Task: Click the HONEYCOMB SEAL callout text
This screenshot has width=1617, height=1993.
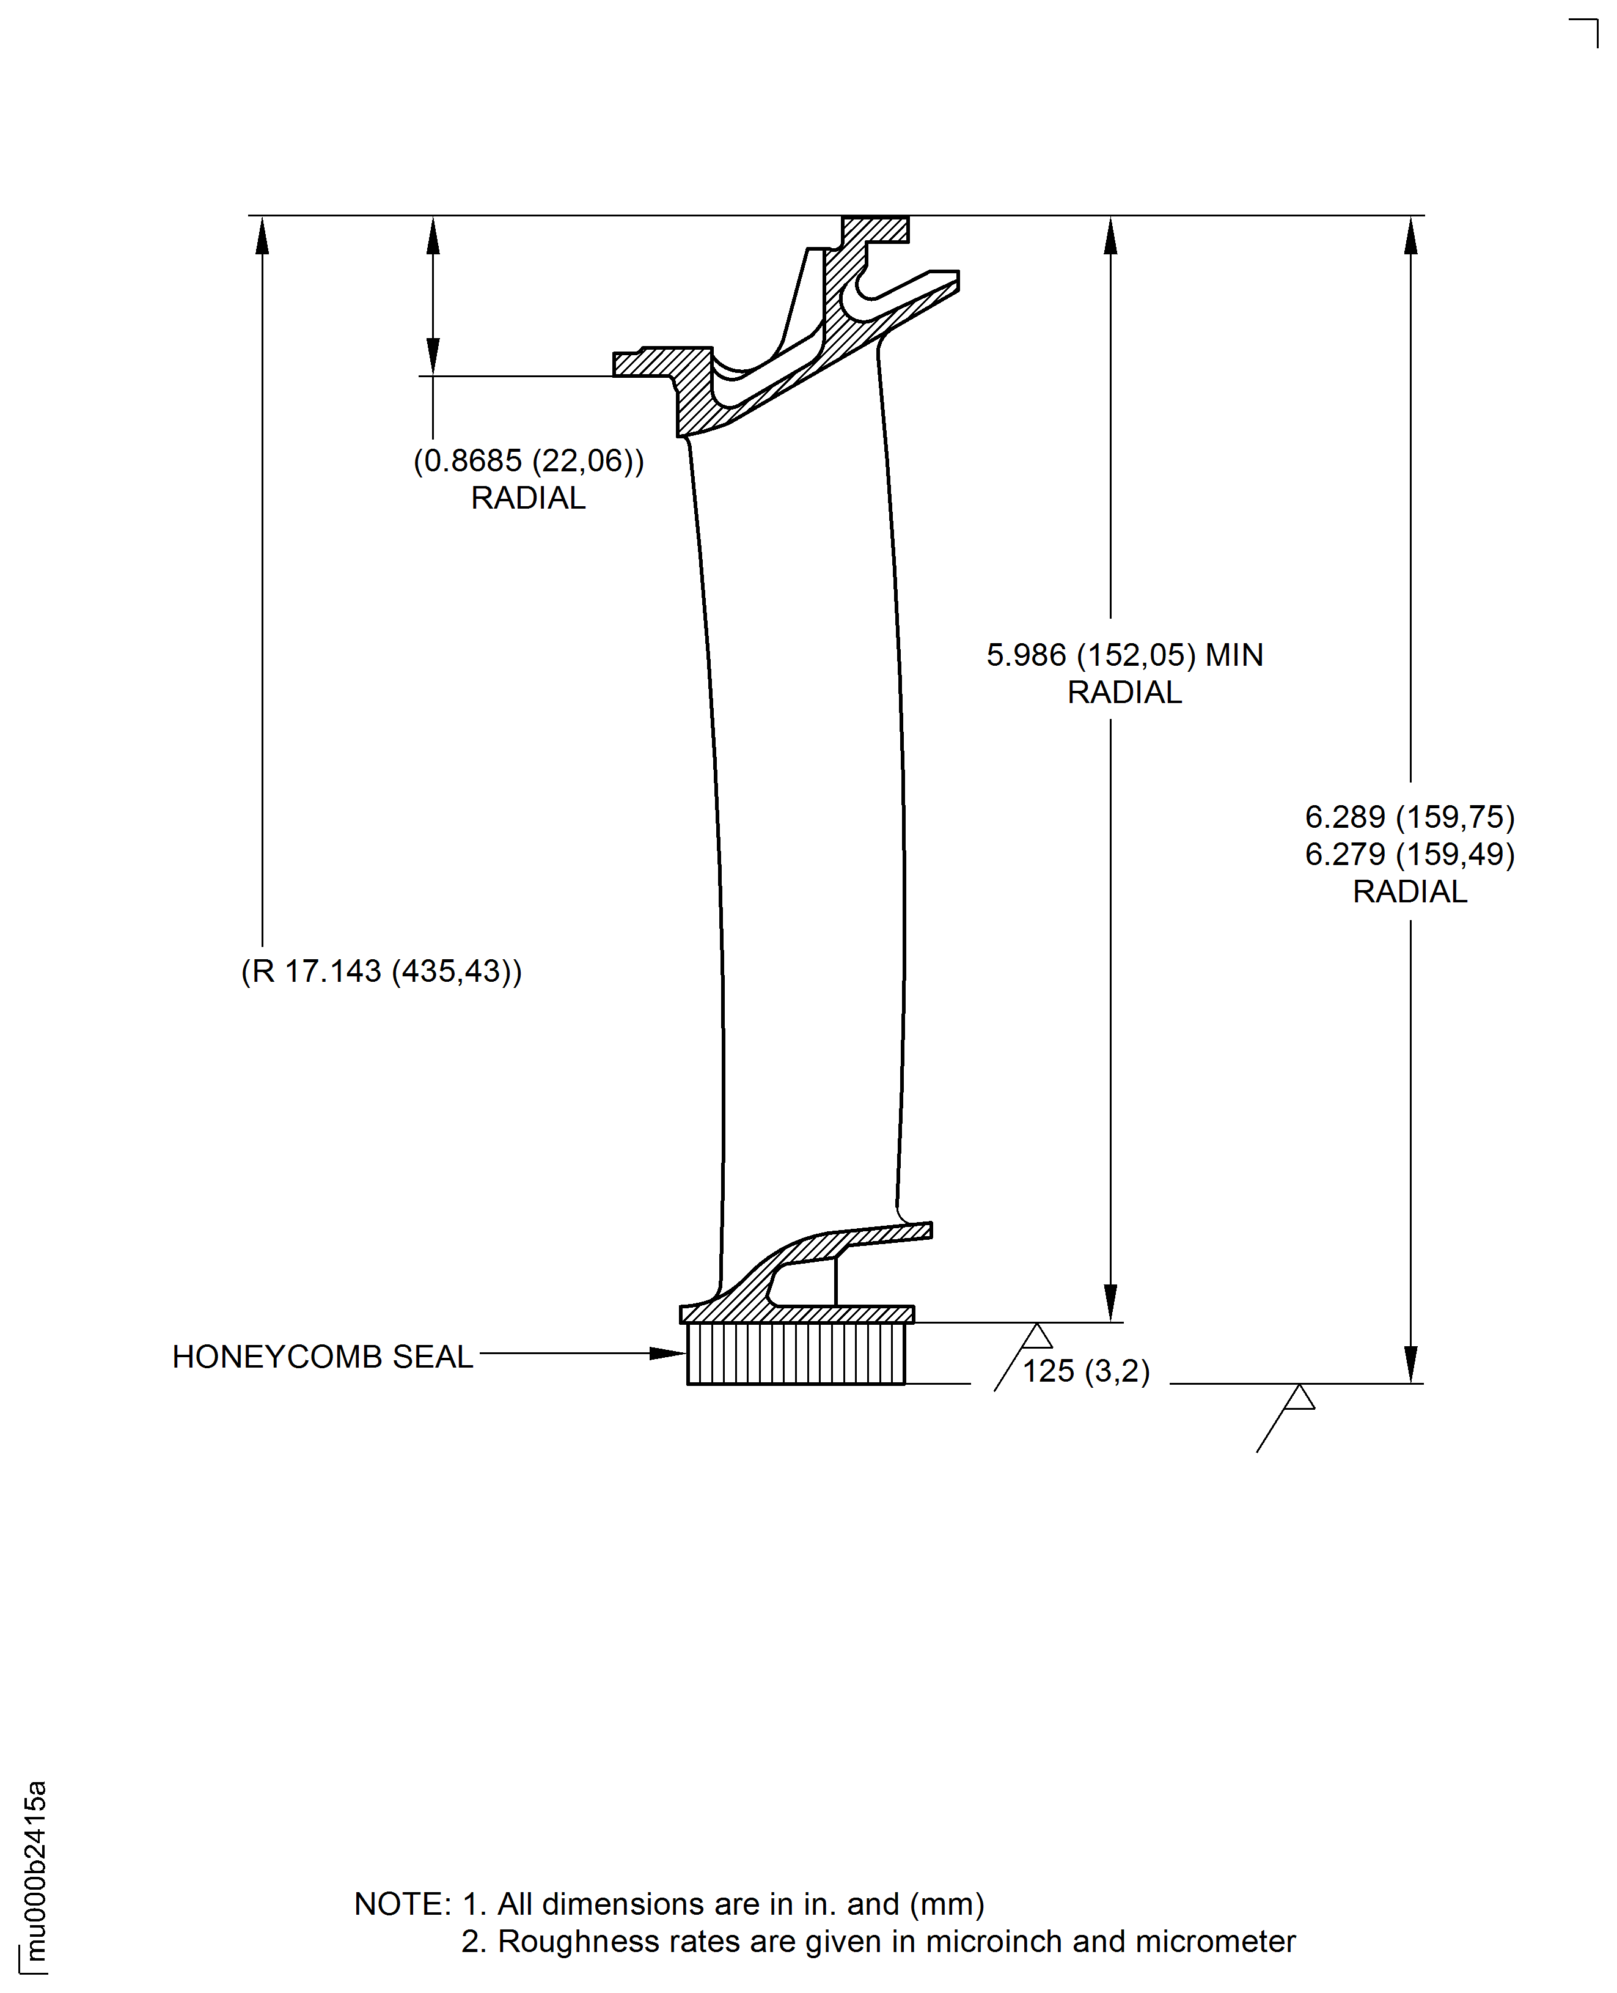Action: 322,1357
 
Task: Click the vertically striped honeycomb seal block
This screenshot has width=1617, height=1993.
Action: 796,1354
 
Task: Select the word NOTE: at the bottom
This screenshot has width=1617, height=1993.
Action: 402,1904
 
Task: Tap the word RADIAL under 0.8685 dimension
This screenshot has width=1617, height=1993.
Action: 528,498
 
